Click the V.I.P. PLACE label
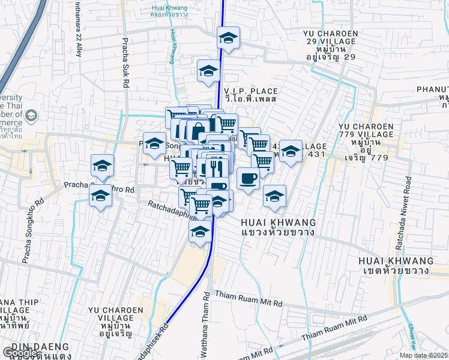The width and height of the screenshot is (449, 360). pos(250,90)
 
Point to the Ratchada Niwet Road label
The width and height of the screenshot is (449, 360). pos(409,203)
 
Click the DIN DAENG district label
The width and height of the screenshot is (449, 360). pos(29,347)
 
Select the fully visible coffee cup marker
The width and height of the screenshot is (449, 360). pos(247,178)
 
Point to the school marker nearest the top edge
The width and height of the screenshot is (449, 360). pos(228,38)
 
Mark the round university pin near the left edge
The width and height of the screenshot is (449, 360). pos(32,115)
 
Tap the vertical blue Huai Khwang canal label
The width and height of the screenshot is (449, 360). pos(173,47)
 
